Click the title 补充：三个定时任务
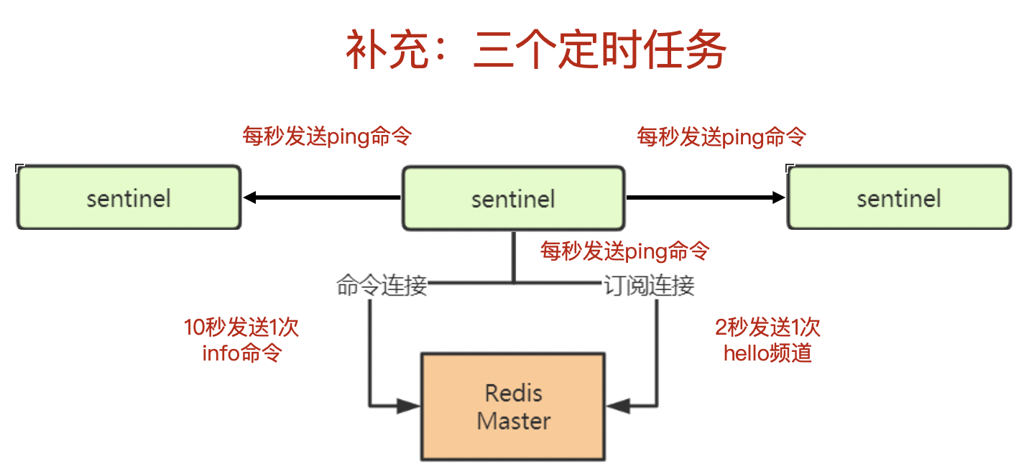coord(535,50)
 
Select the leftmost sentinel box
coord(129,197)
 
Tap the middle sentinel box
coord(514,198)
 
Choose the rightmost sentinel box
coord(899,197)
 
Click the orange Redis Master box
coord(513,406)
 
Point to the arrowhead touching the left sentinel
coord(249,197)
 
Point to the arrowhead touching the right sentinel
coord(779,197)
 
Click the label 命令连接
coord(382,285)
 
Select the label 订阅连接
coord(649,285)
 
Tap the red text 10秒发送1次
coord(241,327)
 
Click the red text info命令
coord(242,353)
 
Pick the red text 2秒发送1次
coord(767,327)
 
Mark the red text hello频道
coord(767,353)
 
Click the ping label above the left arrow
coord(327,136)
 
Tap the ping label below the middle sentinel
coord(624,251)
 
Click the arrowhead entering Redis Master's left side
coord(408,406)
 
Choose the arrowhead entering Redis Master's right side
coord(618,406)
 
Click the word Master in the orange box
coord(514,421)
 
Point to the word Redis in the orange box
coord(514,393)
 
